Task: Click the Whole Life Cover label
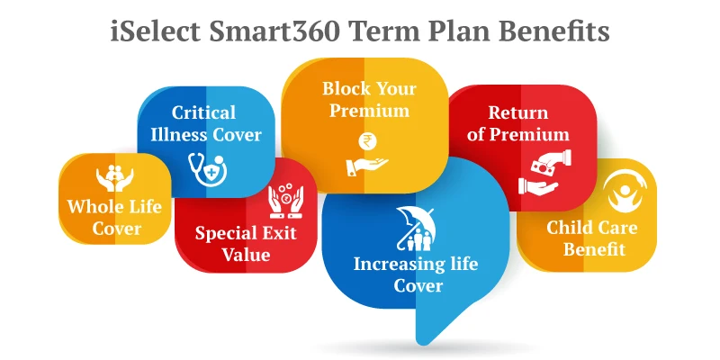coord(115,217)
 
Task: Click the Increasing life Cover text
coord(417,274)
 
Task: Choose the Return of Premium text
coord(517,124)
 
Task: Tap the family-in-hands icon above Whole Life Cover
coord(115,178)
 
